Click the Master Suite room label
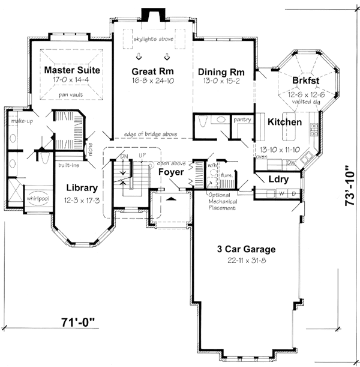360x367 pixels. tap(72, 70)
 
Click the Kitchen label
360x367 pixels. tap(284, 122)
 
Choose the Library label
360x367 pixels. tap(82, 187)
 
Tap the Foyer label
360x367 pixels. tap(170, 173)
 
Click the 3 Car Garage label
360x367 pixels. tap(247, 248)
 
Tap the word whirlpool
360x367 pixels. tap(37, 196)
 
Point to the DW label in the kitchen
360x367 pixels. tap(291, 163)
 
